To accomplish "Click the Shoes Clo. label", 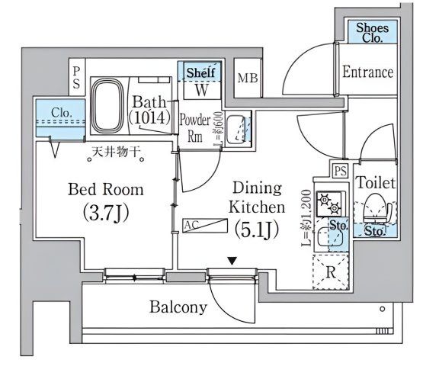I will (x=373, y=32).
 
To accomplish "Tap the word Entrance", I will (x=367, y=72).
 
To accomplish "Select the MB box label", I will (x=247, y=78).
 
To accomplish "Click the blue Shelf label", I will (x=202, y=72).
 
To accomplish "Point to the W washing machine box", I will (x=202, y=90).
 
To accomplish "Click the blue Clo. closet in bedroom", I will (x=61, y=114).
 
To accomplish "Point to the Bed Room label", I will (x=106, y=189).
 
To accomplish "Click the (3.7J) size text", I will (x=106, y=211).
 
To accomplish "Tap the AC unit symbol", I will (x=205, y=226).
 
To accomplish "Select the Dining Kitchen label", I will (x=257, y=197).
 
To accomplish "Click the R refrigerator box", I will (x=331, y=270).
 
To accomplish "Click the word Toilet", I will (x=375, y=183).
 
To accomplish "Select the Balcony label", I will (x=177, y=307).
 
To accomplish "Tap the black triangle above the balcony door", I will (x=230, y=262).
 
